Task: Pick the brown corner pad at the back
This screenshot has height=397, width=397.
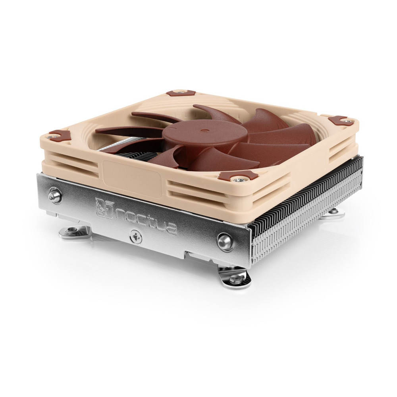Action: pyautogui.click(x=177, y=93)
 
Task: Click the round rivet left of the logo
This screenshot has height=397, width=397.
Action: pyautogui.click(x=55, y=195)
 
